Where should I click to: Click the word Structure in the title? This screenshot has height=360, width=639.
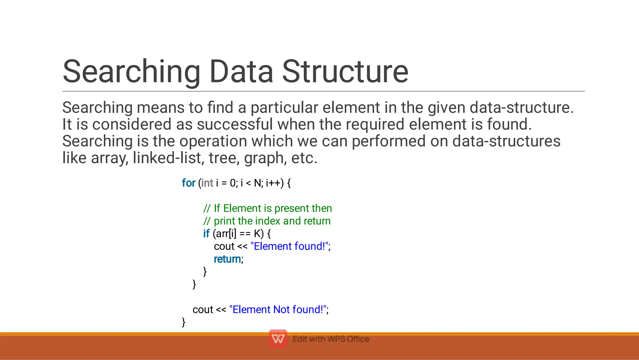(345, 72)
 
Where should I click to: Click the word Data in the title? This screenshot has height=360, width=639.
(241, 72)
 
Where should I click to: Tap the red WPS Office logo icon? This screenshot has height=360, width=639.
(278, 338)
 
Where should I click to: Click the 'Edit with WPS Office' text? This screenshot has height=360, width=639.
(331, 339)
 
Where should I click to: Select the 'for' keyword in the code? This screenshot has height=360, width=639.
(188, 183)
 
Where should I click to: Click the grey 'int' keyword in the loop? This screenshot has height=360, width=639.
(207, 183)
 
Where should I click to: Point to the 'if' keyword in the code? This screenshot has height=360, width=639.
(206, 234)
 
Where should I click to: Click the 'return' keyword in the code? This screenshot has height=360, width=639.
(227, 259)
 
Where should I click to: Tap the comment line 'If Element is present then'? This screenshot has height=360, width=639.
(268, 208)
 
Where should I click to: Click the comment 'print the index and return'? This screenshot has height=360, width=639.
(267, 221)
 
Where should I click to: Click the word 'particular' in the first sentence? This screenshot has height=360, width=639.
(284, 108)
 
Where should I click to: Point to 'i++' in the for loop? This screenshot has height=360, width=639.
(273, 183)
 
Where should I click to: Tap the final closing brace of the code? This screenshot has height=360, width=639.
(183, 322)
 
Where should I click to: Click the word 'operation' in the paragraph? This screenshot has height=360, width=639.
(213, 141)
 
